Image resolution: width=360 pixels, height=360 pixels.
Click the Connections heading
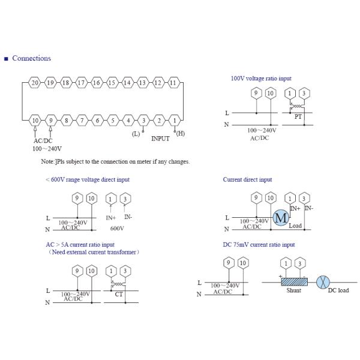coord(31,58)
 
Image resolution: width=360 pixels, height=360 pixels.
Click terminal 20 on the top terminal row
coord(35,82)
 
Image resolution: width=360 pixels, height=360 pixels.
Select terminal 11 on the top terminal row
coord(174,82)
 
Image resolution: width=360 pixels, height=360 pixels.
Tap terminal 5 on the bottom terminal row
coord(112,121)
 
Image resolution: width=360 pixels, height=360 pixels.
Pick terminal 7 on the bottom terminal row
coord(82,121)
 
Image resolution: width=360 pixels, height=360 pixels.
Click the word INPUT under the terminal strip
coord(160,138)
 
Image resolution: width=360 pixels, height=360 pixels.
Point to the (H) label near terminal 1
coord(180,133)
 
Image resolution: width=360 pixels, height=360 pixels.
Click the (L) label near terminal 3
coord(136,133)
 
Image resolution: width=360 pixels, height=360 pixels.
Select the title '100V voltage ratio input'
coord(261,79)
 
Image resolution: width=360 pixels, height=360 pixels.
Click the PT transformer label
coord(298,117)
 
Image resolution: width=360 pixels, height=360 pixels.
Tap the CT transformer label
coord(119,295)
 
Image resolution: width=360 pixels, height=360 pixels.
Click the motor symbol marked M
coord(281,218)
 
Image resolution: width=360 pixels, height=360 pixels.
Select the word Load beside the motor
coord(295,226)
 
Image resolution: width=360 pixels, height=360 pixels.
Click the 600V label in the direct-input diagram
coord(118,229)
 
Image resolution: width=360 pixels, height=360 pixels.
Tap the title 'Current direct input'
coord(247,179)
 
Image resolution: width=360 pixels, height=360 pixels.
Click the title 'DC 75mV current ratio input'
coord(259,245)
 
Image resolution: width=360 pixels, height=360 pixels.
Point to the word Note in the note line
coord(47,161)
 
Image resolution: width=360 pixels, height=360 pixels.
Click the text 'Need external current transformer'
coord(94,252)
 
